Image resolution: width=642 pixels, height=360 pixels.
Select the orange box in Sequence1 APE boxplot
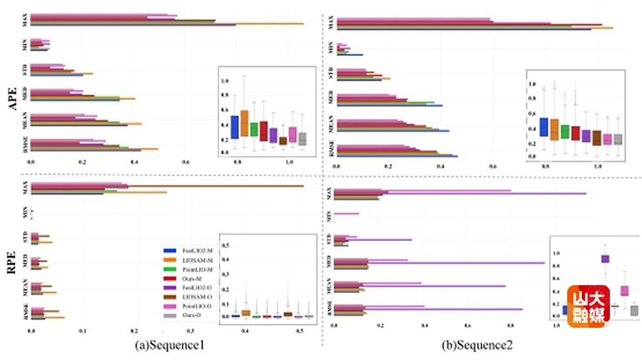click(x=244, y=123)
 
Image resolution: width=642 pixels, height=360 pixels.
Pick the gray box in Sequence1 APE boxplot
click(x=302, y=139)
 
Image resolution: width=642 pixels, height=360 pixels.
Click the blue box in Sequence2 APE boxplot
click(x=544, y=127)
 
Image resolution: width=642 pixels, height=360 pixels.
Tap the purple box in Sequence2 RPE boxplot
click(x=605, y=259)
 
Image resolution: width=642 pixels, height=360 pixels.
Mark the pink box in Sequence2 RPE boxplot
click(x=624, y=290)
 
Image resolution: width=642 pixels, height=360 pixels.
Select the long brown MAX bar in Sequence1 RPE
click(x=214, y=187)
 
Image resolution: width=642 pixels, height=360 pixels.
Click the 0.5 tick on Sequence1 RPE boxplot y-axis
click(x=226, y=245)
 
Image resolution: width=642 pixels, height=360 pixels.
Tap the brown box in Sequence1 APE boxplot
click(x=283, y=140)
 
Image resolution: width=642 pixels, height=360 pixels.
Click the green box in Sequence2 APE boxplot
click(x=565, y=131)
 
